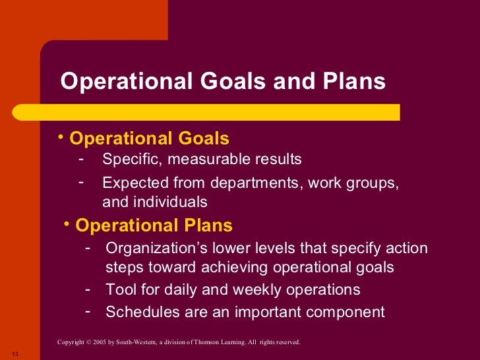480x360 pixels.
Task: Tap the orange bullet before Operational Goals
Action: point(61,136)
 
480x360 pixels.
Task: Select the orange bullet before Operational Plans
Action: point(67,224)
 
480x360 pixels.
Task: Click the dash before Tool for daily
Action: point(88,289)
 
